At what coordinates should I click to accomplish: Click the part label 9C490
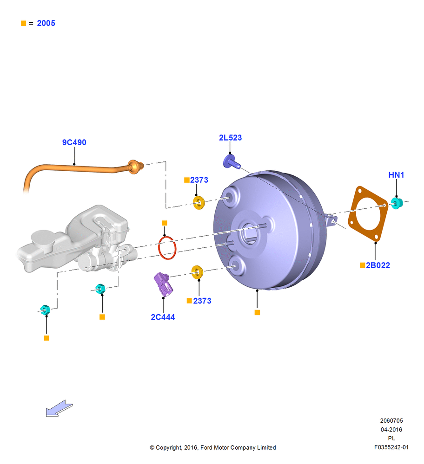coord(74,142)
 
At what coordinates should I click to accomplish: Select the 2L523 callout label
coord(231,138)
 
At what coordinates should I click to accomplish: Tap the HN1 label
coord(396,175)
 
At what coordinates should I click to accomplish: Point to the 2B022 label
coord(378,265)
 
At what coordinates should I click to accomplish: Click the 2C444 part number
coord(163,317)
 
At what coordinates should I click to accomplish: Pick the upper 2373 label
coord(199,180)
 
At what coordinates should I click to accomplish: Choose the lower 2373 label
coord(202,301)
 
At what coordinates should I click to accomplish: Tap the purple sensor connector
coord(163,284)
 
